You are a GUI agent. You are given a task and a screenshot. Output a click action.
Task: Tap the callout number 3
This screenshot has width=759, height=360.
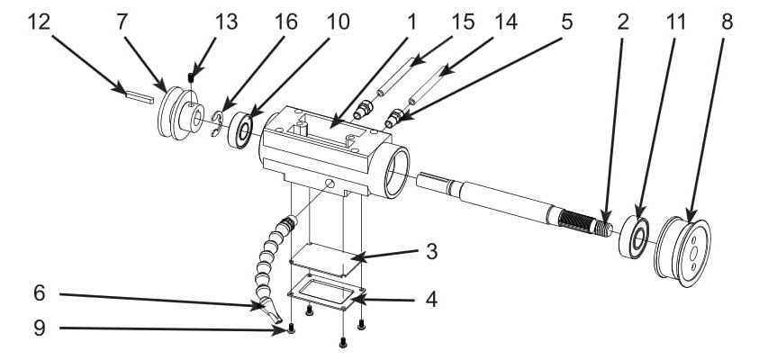coord(432,252)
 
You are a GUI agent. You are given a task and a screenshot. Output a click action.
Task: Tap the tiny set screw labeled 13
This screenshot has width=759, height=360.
coord(191,76)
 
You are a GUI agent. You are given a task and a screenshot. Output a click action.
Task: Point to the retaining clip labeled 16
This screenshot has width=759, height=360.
coord(216,126)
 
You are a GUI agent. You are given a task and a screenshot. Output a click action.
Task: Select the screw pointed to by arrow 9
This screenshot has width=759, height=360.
coord(293,330)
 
